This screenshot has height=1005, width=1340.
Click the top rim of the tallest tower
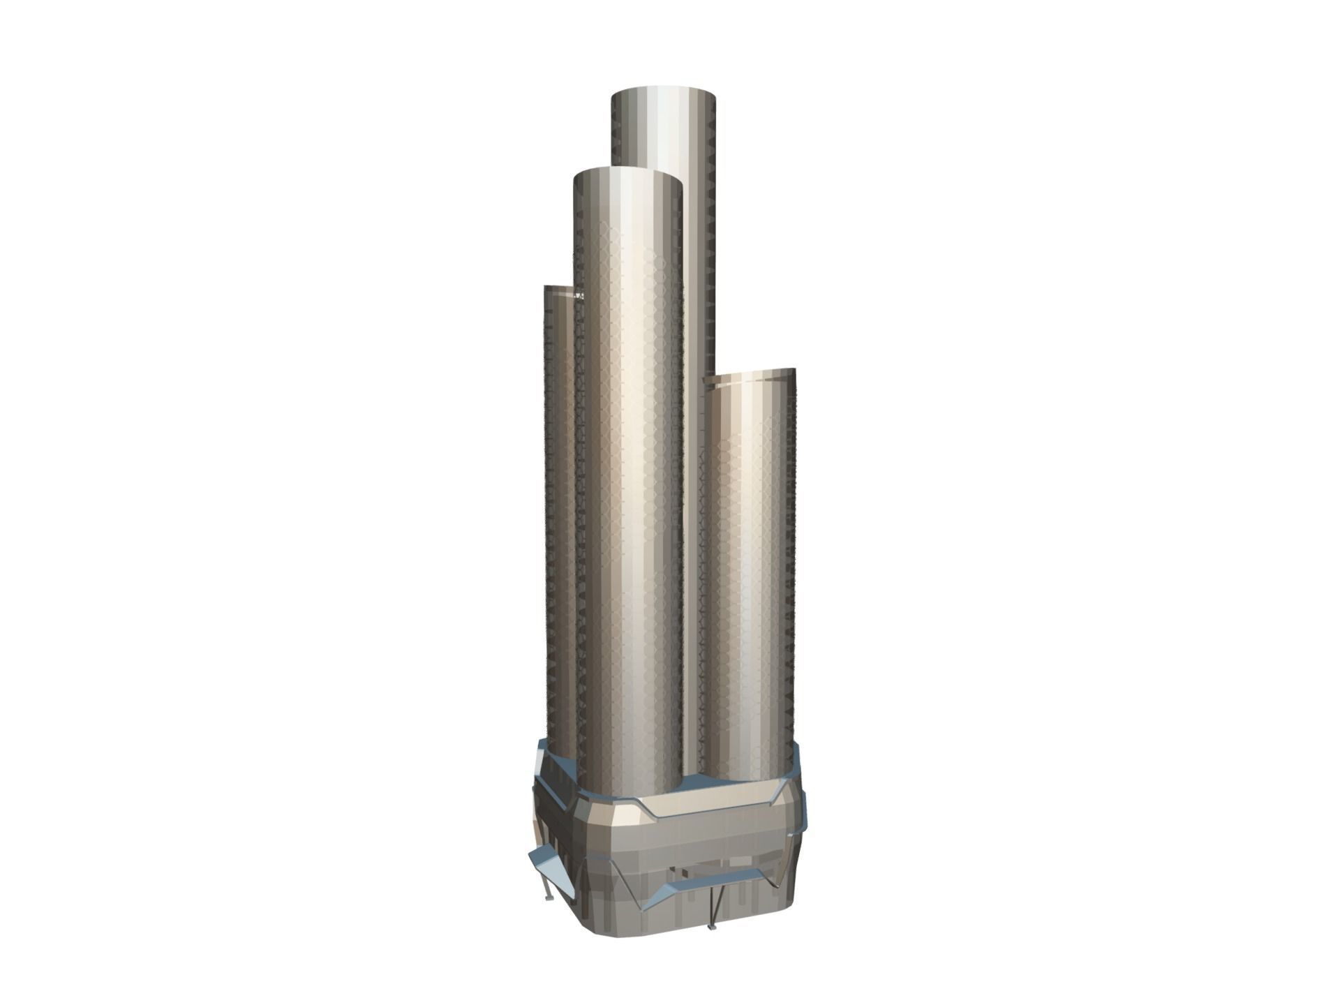click(x=663, y=90)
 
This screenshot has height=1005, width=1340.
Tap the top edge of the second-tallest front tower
click(x=626, y=170)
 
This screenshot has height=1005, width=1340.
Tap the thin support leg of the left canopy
click(x=545, y=883)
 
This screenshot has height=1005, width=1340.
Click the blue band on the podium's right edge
click(x=797, y=824)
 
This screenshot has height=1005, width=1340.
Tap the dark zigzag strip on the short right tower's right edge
click(x=791, y=558)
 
